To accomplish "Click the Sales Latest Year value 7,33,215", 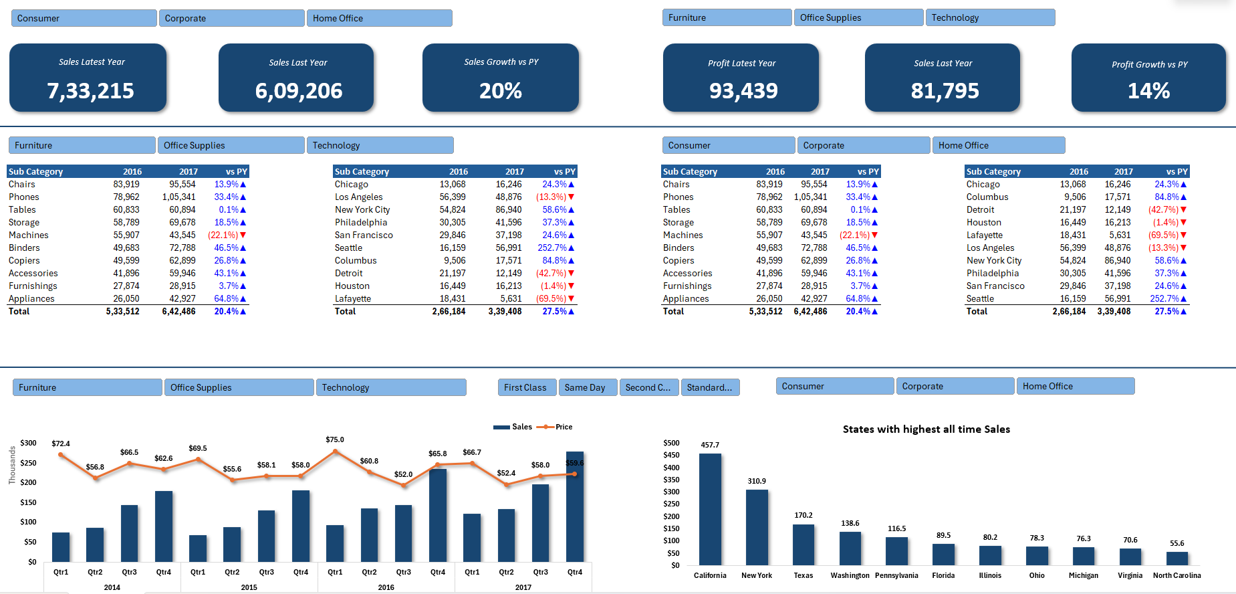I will click(90, 91).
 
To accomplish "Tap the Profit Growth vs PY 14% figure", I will click(1148, 91).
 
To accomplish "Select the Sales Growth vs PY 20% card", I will click(500, 78).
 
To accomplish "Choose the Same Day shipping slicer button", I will click(584, 387).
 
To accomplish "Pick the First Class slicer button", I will click(525, 387).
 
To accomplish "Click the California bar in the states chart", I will click(710, 508).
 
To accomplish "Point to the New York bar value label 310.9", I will click(757, 481).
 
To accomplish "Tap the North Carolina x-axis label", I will click(1177, 575).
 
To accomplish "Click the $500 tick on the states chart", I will click(671, 443).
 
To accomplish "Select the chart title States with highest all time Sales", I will click(926, 429).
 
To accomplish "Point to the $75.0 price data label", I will click(335, 439).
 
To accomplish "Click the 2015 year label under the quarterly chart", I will click(249, 587).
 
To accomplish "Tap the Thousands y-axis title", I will click(12, 466).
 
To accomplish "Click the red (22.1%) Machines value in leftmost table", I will click(223, 235).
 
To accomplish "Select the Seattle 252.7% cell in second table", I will click(552, 248).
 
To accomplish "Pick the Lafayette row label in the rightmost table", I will click(984, 235).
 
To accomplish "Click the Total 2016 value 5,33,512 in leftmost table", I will click(122, 311).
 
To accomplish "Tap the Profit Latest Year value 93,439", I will click(743, 91).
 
